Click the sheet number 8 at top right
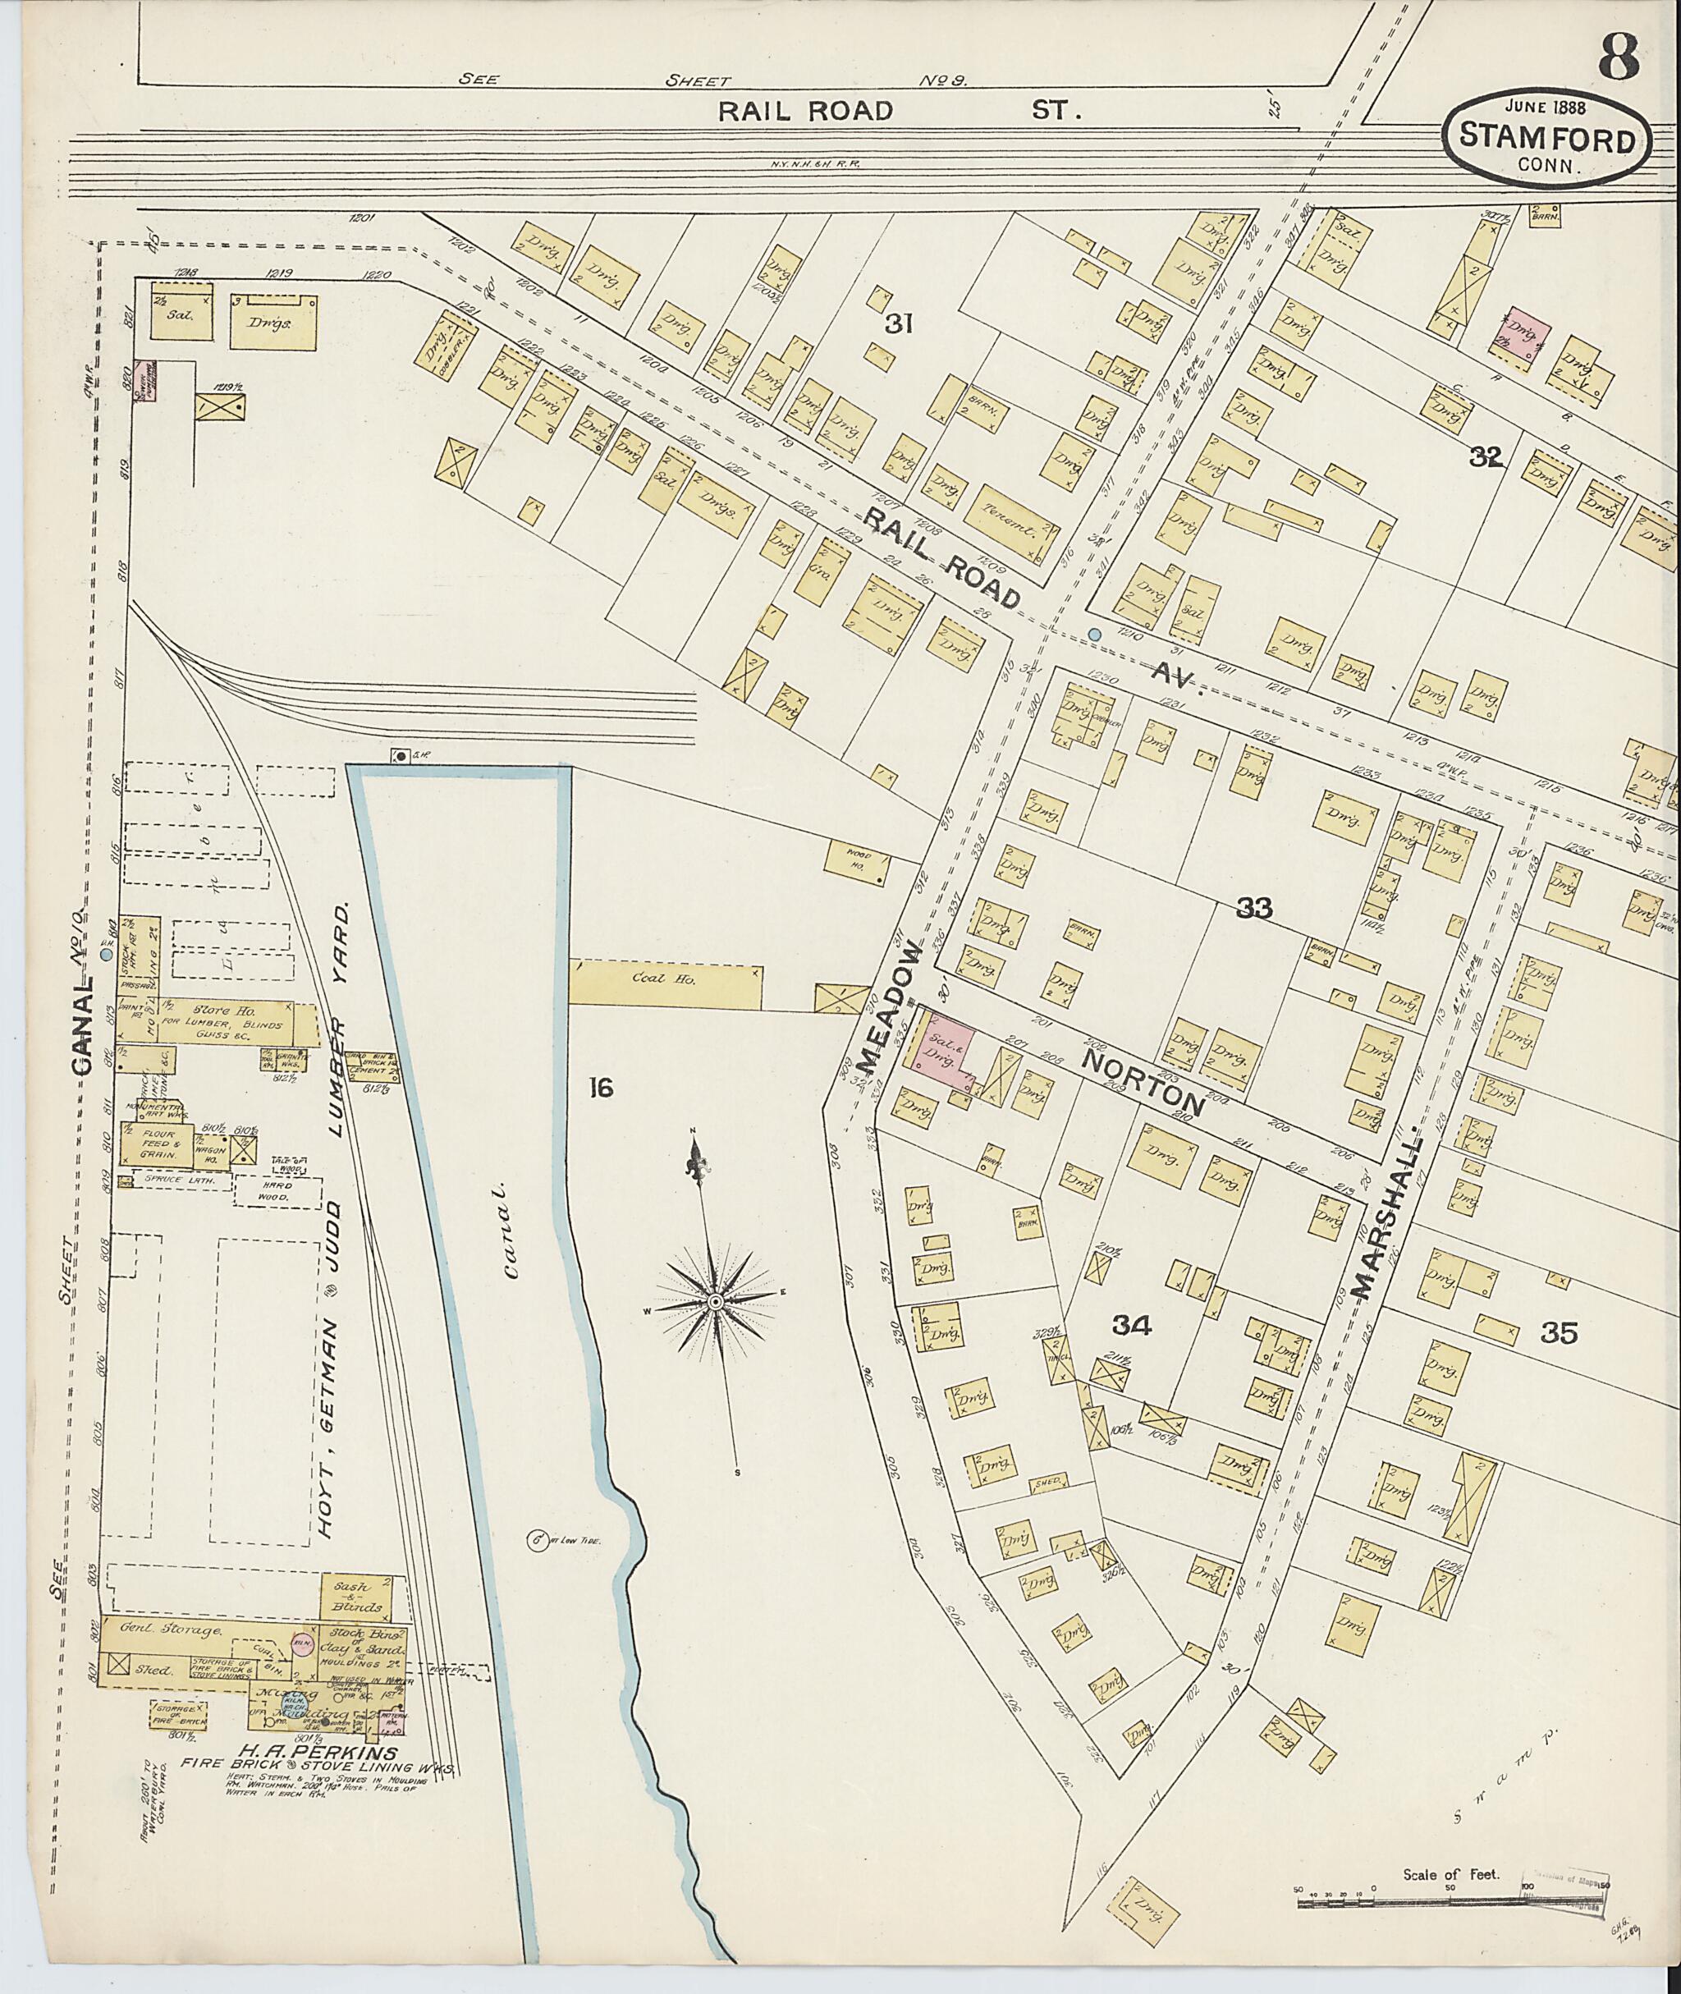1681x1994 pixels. point(1617,57)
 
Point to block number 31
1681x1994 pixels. point(899,324)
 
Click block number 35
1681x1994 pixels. point(1562,1333)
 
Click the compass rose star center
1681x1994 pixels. point(714,1301)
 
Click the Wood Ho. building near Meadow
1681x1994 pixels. point(857,858)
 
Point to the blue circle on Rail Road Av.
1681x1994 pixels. point(1094,634)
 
